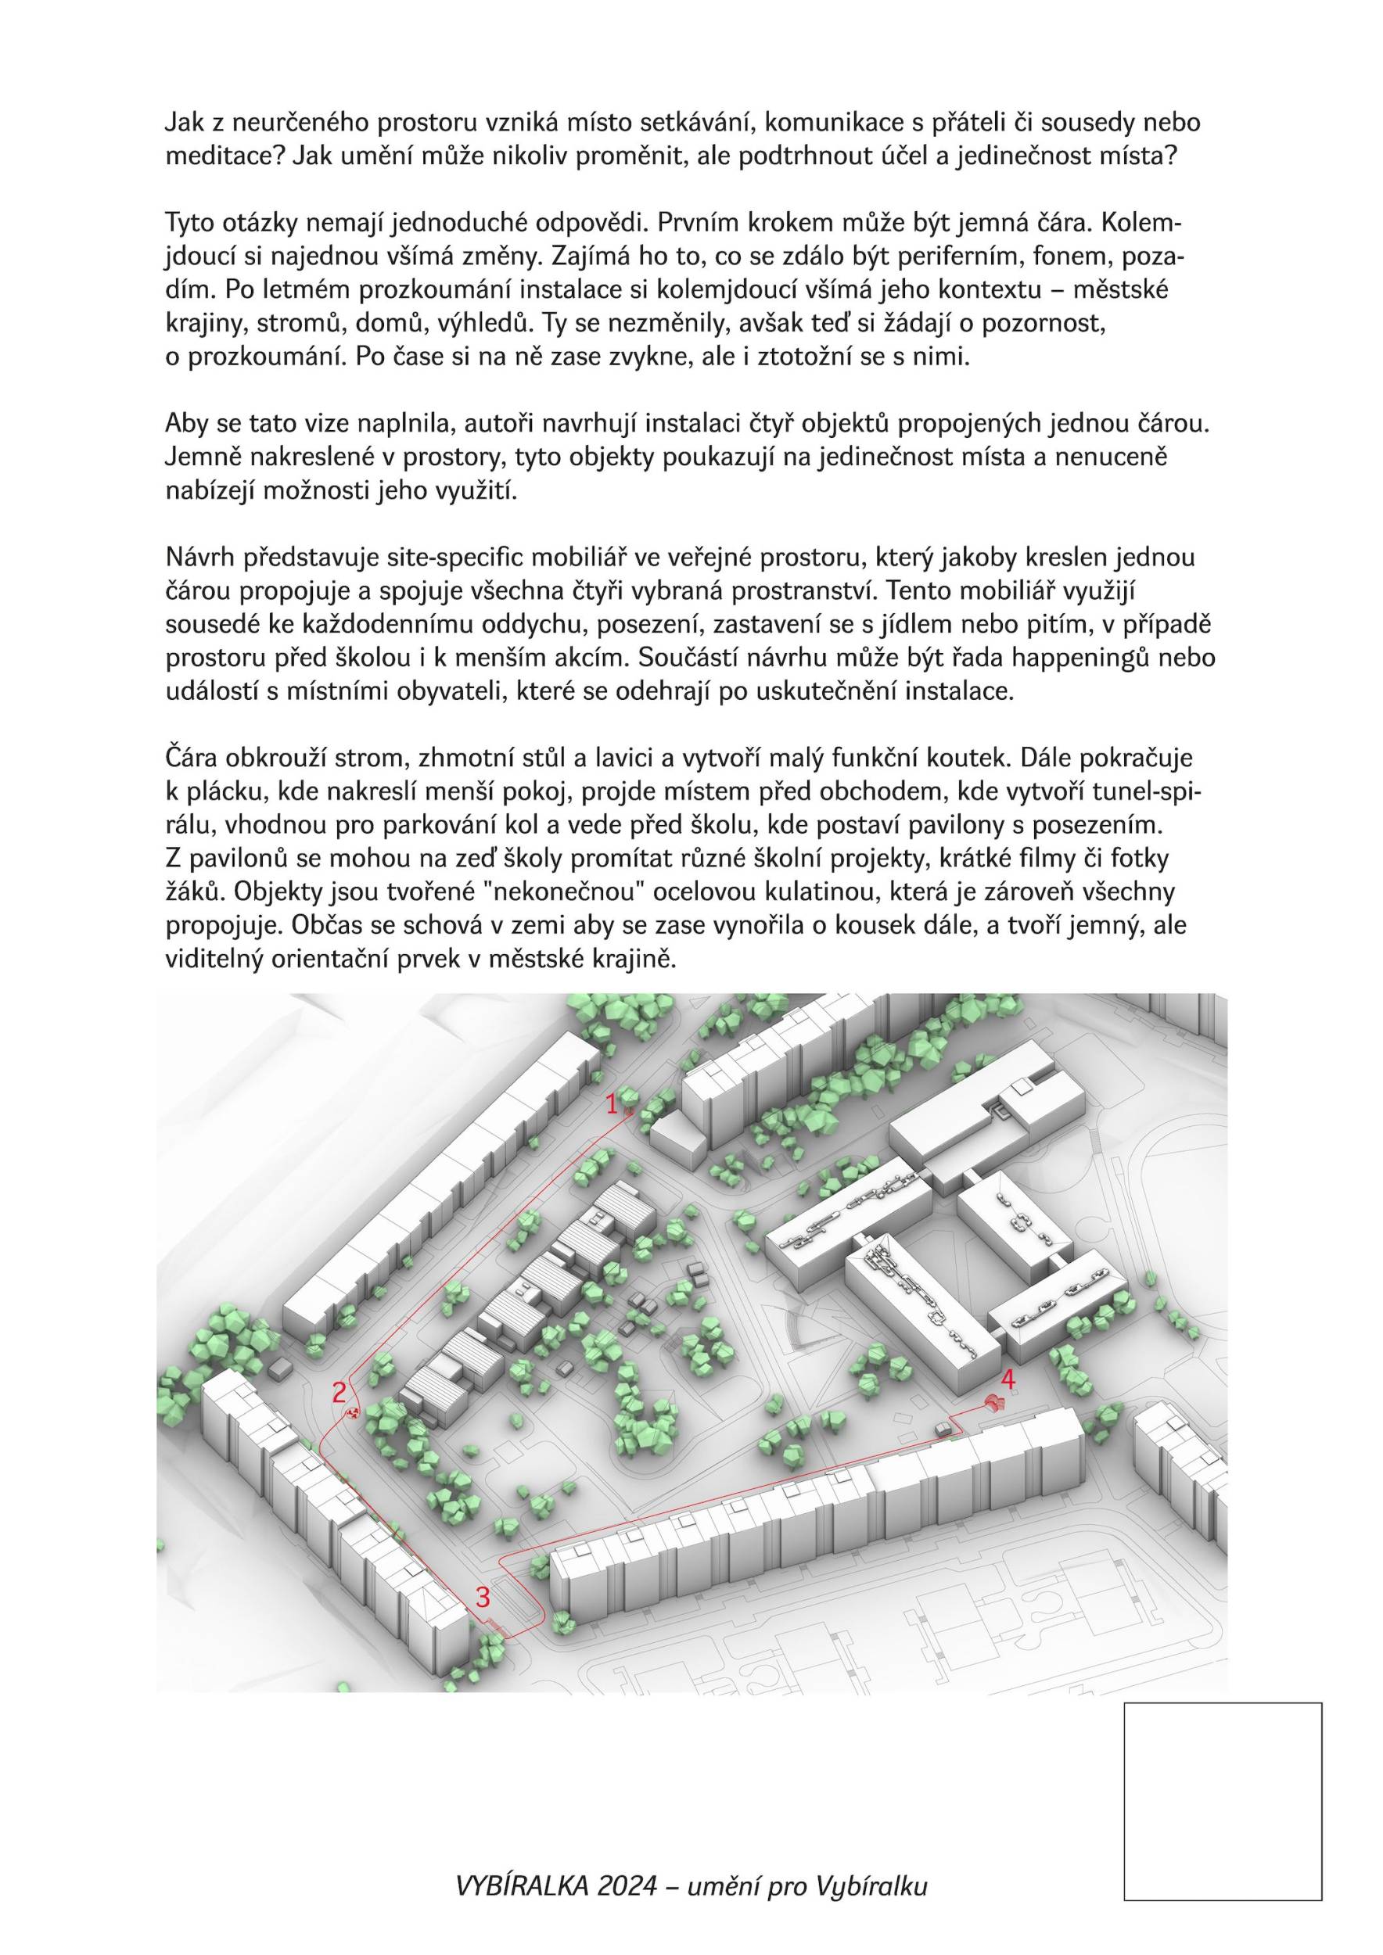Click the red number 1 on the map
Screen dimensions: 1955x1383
(x=612, y=1104)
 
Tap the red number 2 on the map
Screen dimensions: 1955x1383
(x=339, y=1392)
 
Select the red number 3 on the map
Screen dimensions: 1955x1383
(x=483, y=1597)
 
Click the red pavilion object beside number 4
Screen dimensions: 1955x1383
(x=991, y=1401)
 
